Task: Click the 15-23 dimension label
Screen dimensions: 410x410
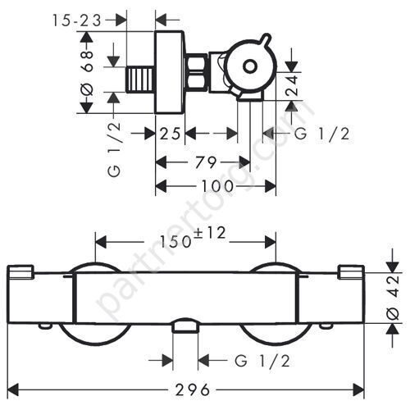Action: tap(77, 20)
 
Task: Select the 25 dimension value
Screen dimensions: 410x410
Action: tap(170, 134)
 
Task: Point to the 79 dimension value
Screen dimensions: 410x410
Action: tap(206, 162)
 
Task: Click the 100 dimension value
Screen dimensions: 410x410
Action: tap(218, 186)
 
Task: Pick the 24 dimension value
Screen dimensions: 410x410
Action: tap(291, 85)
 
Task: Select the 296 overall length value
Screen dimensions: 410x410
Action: tap(193, 389)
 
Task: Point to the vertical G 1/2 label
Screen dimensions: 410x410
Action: tap(114, 149)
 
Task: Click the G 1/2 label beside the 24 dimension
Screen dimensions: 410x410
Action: tap(322, 134)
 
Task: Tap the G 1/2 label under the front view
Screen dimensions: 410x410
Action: tap(262, 361)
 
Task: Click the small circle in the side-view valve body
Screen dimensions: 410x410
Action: tap(249, 66)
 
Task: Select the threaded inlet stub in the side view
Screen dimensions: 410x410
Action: tap(140, 80)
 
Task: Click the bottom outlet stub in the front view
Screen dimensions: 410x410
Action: tap(185, 325)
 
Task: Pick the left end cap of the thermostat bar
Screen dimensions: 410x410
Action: tap(20, 272)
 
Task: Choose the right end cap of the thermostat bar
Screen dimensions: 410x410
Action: tap(351, 272)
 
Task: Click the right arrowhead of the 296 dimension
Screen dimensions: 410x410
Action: tap(359, 389)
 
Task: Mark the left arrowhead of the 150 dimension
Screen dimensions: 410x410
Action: tap(100, 242)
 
